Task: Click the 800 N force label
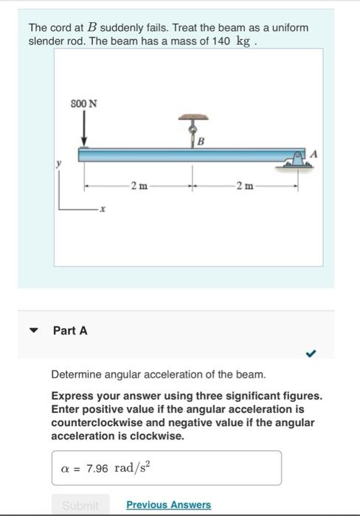(x=83, y=103)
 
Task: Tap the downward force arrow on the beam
(x=84, y=132)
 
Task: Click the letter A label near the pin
(x=315, y=153)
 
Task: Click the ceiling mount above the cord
(x=193, y=116)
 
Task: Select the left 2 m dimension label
(x=138, y=185)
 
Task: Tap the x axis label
(x=103, y=210)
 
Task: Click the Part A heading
(x=70, y=331)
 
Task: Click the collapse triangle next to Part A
(x=33, y=331)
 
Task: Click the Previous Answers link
(x=168, y=505)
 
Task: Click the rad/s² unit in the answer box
(x=132, y=467)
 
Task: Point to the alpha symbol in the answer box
(x=65, y=469)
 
